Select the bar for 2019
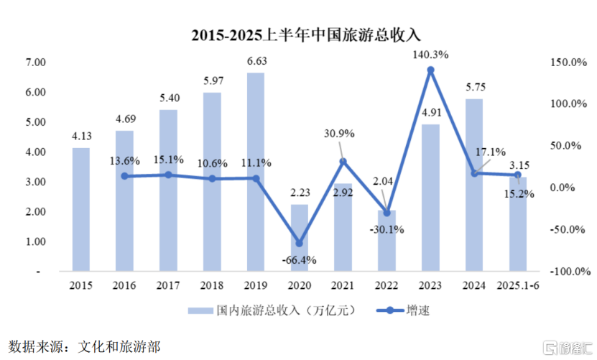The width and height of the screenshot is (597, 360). [x=256, y=172]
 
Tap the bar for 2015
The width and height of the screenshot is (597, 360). [x=81, y=210]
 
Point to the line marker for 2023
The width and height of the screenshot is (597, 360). [x=430, y=70]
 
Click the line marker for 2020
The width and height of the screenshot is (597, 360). [x=299, y=243]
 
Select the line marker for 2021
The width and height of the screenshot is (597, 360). [x=343, y=162]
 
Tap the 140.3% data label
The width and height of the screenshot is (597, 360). [x=431, y=53]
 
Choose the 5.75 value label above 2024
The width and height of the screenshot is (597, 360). [x=474, y=87]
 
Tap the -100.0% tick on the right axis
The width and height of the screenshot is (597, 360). [x=569, y=272]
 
